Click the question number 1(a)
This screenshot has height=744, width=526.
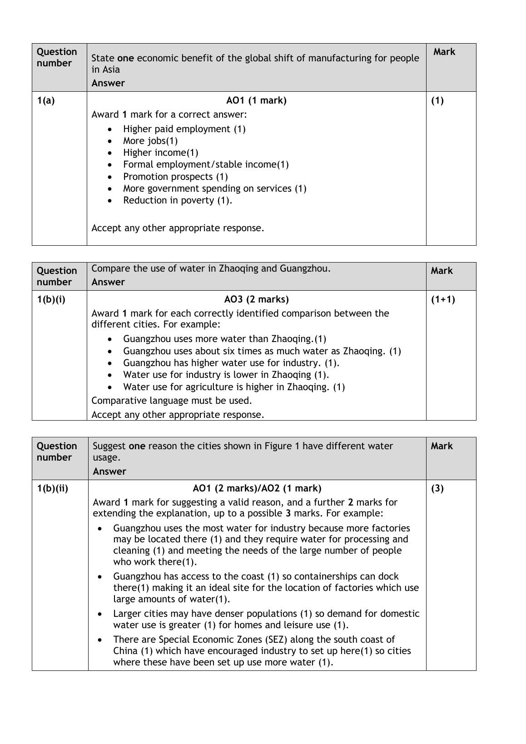(45, 101)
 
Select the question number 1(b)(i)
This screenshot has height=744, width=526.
(51, 299)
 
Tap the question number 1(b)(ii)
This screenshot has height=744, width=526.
(52, 489)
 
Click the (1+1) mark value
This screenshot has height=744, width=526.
(443, 299)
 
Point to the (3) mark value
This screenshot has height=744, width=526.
(437, 489)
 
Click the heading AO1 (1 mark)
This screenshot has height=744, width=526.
(256, 101)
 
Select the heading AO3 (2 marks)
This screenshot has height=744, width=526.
(256, 299)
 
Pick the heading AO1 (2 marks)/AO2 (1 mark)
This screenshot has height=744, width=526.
(257, 489)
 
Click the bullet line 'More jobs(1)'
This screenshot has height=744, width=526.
(150, 141)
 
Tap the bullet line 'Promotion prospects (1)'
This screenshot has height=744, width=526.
(175, 177)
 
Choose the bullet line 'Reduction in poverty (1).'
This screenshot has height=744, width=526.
(178, 200)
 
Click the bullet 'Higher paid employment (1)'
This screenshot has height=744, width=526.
(184, 129)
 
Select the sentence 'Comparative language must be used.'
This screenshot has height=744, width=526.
(172, 401)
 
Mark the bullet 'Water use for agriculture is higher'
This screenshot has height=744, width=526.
(234, 387)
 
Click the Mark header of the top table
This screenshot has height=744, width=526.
(444, 52)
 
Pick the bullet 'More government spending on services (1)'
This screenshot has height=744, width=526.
(214, 188)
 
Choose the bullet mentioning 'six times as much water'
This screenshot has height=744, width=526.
(262, 351)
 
